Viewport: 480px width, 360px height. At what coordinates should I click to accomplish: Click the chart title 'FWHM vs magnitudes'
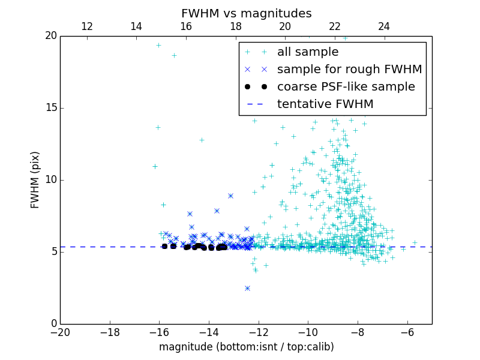[x=246, y=13]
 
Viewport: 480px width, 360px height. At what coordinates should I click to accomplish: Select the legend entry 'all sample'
[x=307, y=52]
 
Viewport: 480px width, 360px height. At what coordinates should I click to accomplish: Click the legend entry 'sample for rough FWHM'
[x=349, y=69]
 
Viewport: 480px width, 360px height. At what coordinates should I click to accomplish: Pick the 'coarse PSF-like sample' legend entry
[x=346, y=86]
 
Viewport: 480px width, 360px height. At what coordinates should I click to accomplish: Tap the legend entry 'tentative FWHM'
[x=325, y=104]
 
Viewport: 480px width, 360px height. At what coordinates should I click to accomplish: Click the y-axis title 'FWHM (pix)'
[x=35, y=179]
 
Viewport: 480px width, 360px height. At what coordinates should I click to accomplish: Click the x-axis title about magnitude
[x=246, y=347]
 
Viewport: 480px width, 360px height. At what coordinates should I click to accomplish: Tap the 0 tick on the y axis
[x=53, y=324]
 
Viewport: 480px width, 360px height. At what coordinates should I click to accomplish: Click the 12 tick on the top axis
[x=86, y=26]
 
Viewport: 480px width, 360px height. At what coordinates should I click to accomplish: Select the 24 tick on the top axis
[x=384, y=26]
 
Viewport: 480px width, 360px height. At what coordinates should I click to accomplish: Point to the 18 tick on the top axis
[x=235, y=26]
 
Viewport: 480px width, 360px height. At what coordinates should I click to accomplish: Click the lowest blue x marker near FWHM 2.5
[x=247, y=288]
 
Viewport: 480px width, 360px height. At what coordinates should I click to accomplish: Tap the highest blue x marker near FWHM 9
[x=230, y=196]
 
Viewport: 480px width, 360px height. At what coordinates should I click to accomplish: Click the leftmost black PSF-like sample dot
[x=164, y=246]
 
